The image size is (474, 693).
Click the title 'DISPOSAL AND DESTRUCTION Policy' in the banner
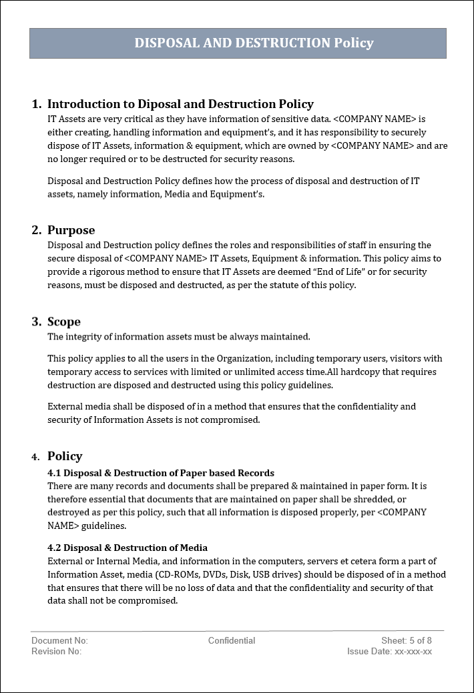point(254,43)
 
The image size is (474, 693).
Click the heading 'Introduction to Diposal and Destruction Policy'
point(180,104)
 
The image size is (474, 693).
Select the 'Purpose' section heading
point(71,230)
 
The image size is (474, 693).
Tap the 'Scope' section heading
point(64,321)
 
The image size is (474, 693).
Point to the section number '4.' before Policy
point(35,457)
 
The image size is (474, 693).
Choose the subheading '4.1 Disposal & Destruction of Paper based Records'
point(161,473)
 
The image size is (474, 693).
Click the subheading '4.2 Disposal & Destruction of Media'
point(128,548)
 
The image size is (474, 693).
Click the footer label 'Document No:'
point(59,640)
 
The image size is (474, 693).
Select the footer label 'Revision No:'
point(57,651)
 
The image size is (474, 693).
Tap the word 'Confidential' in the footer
point(232,640)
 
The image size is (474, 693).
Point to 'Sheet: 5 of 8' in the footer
point(407,640)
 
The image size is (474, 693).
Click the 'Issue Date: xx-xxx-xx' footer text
point(389,651)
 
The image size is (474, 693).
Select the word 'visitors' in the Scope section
point(407,359)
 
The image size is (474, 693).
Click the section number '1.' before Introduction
point(36,104)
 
